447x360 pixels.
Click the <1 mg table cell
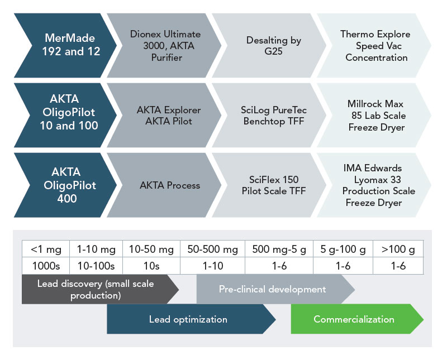point(46,249)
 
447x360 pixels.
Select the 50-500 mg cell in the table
point(212,249)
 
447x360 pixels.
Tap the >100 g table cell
point(398,249)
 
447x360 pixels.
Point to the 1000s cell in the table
point(46,266)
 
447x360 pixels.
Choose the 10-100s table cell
point(96,266)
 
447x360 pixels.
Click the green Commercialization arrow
point(357,319)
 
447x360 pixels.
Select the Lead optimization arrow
point(191,319)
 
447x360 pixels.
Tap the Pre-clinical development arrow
point(275,289)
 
